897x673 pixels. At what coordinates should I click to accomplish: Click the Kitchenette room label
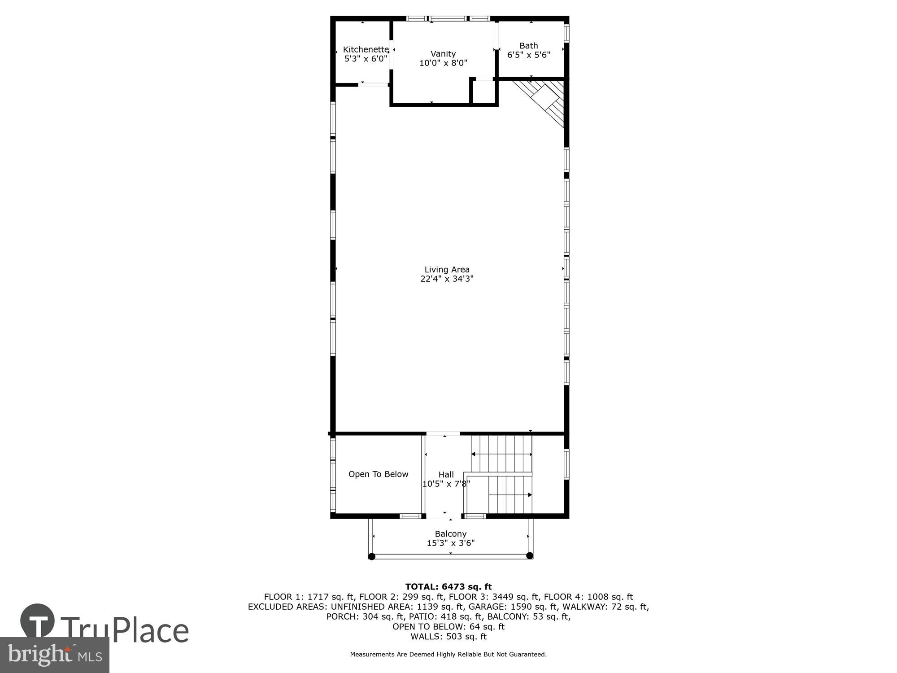366,49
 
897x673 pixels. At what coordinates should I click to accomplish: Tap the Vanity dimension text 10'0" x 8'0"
443,63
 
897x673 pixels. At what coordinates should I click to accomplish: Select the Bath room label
528,46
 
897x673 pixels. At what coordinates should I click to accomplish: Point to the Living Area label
447,270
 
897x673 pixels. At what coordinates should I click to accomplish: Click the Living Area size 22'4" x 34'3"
447,279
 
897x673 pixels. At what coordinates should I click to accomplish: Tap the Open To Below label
378,474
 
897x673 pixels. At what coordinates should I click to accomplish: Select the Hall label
446,475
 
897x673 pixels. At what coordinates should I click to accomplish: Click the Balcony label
450,534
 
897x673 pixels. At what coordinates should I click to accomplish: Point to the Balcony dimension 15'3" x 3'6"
450,543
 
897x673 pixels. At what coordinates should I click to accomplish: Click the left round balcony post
371,556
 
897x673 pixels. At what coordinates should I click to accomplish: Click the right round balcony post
529,555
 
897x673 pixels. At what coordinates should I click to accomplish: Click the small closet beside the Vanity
484,92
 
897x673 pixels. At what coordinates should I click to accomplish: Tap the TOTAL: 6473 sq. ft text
448,586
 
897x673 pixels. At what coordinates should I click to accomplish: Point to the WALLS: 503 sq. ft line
448,636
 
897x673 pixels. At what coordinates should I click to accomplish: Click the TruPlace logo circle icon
38,621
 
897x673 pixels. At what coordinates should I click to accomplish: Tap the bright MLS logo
54,655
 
